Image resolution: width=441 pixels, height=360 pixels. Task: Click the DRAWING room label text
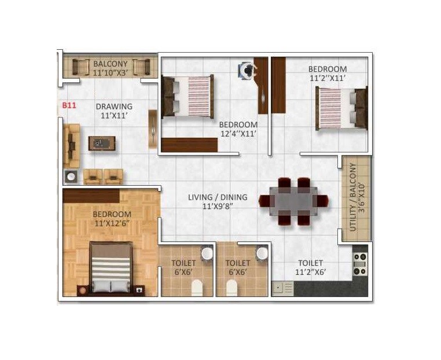[x=114, y=111]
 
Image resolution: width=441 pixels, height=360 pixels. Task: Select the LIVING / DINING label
[x=218, y=201]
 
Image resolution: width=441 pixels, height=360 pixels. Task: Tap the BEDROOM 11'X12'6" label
[x=112, y=219]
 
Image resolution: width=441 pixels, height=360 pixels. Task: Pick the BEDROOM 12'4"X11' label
[x=238, y=128]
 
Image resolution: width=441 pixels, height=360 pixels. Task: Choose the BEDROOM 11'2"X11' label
[x=328, y=74]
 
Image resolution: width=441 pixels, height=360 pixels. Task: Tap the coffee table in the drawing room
[x=103, y=142]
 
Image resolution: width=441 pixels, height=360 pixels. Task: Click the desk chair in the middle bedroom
[x=248, y=71]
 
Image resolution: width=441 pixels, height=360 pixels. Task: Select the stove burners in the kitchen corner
[x=360, y=263]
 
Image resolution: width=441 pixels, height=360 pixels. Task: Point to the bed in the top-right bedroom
[x=341, y=108]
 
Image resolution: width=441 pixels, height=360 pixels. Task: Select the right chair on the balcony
[x=141, y=67]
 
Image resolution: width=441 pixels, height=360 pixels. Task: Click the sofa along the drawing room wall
[x=71, y=145]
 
